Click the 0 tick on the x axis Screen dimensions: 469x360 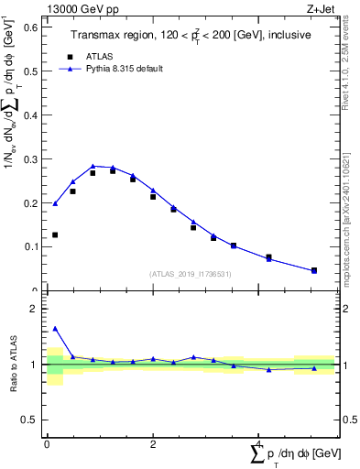[x=47, y=443]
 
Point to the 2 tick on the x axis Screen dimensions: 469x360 [x=153, y=443]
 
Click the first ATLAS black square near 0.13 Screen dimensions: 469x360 [x=55, y=235]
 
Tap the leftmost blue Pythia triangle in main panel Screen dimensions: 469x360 [x=55, y=203]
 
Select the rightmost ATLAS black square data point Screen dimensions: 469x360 [x=313, y=270]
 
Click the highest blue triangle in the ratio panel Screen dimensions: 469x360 [x=55, y=328]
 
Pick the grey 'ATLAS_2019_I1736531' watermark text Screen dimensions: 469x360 [x=191, y=274]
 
